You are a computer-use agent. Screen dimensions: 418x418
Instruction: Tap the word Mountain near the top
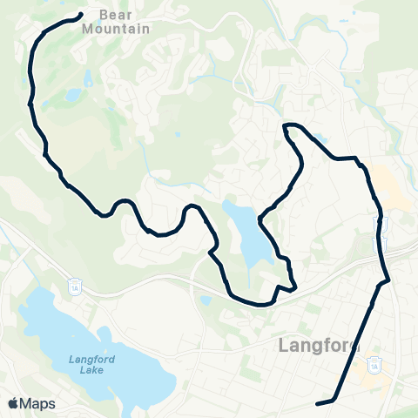coord(115,28)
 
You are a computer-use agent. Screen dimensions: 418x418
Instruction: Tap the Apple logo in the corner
coord(14,403)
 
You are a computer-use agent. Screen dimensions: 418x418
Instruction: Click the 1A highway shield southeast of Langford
coord(374,367)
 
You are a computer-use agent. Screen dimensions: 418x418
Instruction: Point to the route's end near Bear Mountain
coord(80,15)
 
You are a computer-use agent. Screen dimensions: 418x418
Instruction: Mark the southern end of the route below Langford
coord(318,402)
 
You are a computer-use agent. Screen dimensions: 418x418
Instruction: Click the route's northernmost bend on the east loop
coord(290,127)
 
